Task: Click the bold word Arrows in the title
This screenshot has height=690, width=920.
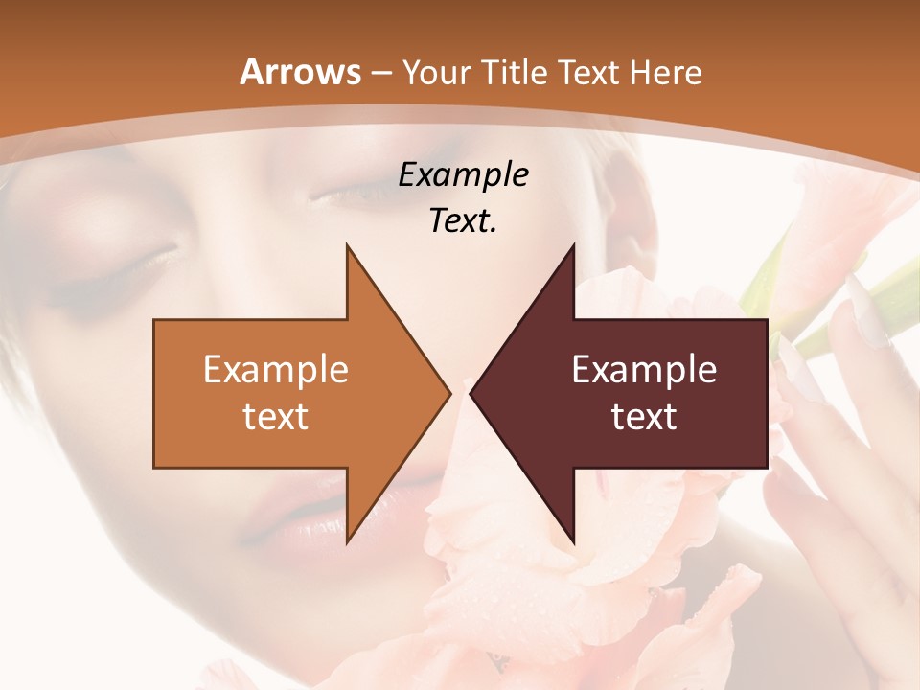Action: [x=301, y=72]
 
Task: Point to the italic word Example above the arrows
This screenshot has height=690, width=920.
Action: [x=463, y=175]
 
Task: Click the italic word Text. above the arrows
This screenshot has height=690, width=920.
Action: [x=463, y=221]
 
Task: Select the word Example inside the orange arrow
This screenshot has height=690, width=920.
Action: [x=276, y=370]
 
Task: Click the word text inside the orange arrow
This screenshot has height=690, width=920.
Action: [x=276, y=417]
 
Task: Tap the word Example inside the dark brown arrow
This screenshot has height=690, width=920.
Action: [x=644, y=370]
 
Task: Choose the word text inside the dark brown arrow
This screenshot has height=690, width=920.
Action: [x=644, y=417]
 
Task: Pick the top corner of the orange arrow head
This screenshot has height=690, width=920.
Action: [x=347, y=245]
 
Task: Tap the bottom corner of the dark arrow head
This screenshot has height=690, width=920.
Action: [x=573, y=542]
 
